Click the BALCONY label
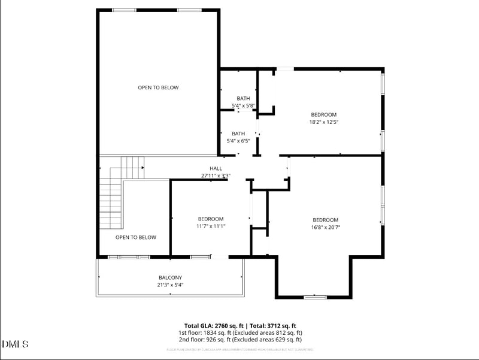point(170,277)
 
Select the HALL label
point(216,168)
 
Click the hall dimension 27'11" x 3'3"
point(216,176)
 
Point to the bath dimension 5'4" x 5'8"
point(244,106)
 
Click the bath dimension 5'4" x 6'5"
point(238,141)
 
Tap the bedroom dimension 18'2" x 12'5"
point(324,122)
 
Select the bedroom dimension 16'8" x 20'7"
point(325,227)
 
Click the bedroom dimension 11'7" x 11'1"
point(211,226)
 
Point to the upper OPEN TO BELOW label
point(158,87)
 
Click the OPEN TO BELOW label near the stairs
point(136,237)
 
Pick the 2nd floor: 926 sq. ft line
point(240,340)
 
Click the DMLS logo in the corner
point(16,344)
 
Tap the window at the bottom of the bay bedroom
point(314,297)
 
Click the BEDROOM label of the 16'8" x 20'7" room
point(325,220)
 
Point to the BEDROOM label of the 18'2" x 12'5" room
point(323,114)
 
